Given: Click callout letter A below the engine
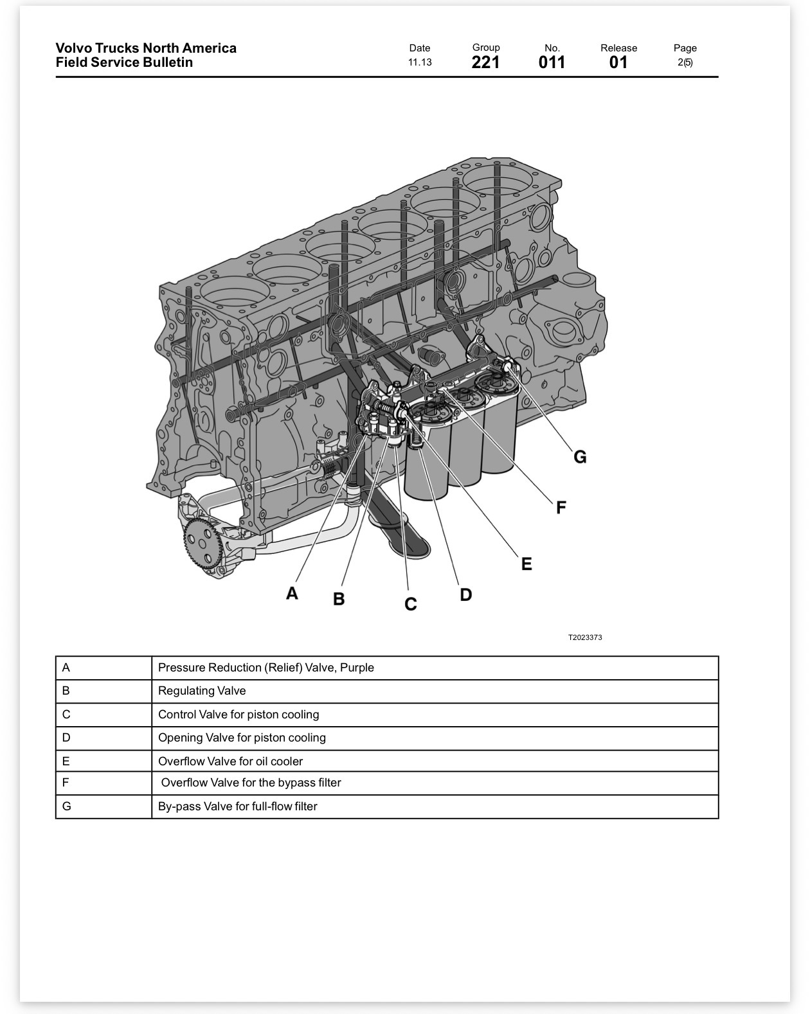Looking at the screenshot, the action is click(292, 593).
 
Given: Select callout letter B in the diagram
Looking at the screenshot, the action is click(339, 599).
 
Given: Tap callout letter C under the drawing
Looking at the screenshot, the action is click(411, 604).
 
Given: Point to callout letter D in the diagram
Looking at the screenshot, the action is click(466, 594).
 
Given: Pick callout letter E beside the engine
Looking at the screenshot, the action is click(526, 564).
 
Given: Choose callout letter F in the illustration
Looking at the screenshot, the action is click(561, 508).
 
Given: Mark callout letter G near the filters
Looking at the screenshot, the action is click(580, 457).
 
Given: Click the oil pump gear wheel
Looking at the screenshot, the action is click(203, 544).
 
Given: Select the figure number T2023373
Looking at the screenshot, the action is click(585, 637).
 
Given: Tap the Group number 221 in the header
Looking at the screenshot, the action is click(485, 62).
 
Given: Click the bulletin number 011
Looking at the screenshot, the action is click(552, 62).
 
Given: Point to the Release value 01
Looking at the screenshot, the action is click(618, 62).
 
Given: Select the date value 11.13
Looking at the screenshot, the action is click(420, 62).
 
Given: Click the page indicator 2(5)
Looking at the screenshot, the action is click(685, 62).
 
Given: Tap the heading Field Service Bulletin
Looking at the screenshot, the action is click(125, 62).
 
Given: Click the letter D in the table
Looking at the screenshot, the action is click(66, 738).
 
